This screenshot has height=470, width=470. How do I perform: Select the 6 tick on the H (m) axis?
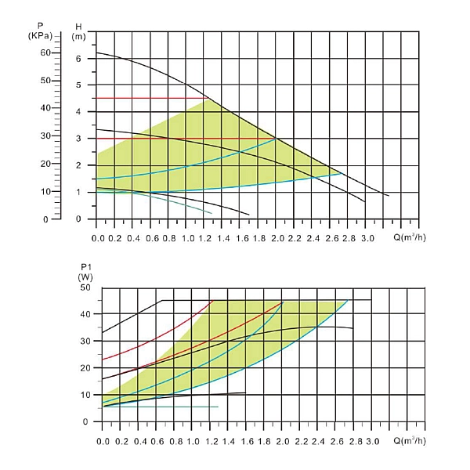[78, 59]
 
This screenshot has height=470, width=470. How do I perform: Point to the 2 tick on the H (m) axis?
[78, 166]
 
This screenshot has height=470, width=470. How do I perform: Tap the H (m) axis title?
[78, 31]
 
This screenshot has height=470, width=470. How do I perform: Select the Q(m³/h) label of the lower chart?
[411, 442]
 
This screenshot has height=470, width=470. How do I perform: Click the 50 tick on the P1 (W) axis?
[85, 287]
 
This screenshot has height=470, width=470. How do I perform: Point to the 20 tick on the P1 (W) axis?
[85, 368]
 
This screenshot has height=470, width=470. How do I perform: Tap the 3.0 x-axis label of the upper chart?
[367, 236]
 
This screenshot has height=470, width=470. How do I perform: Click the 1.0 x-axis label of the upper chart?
[188, 236]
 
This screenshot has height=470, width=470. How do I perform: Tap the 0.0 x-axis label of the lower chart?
[103, 443]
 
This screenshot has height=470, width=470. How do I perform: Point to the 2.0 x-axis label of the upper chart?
[277, 236]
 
